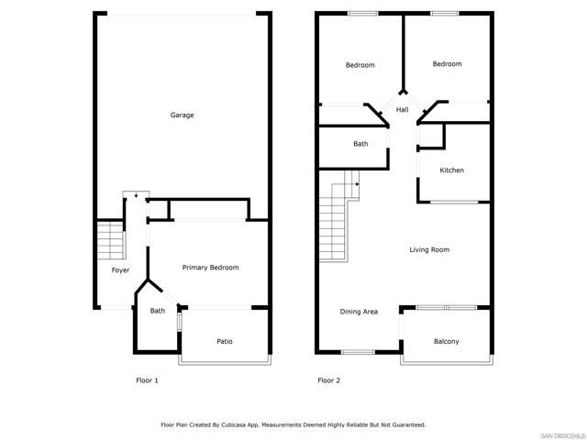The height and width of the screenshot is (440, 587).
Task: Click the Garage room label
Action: pyautogui.click(x=182, y=115)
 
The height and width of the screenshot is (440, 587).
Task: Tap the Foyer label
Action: pyautogui.click(x=120, y=270)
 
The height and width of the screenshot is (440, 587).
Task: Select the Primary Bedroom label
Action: pyautogui.click(x=210, y=268)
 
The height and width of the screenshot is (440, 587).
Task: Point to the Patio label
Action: pyautogui.click(x=225, y=342)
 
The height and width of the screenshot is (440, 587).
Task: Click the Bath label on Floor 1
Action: pyautogui.click(x=158, y=311)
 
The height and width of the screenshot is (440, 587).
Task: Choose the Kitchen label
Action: pyautogui.click(x=451, y=170)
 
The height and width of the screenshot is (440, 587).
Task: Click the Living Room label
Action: pyautogui.click(x=429, y=249)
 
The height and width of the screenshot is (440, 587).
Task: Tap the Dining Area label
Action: pyautogui.click(x=359, y=312)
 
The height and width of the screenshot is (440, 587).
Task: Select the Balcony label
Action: pyautogui.click(x=446, y=342)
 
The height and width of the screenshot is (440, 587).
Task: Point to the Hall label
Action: pyautogui.click(x=402, y=111)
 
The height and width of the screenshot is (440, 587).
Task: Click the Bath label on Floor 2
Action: pyautogui.click(x=360, y=144)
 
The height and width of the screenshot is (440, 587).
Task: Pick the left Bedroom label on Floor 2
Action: pyautogui.click(x=360, y=65)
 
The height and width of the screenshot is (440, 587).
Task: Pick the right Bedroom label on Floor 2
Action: pyautogui.click(x=447, y=64)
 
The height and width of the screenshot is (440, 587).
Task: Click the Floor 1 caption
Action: pyautogui.click(x=147, y=380)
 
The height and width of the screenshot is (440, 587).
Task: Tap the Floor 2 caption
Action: pyautogui.click(x=328, y=380)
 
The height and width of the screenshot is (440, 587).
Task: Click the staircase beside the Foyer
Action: pyautogui.click(x=110, y=240)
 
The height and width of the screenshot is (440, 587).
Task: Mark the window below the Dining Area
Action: pyautogui.click(x=358, y=352)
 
